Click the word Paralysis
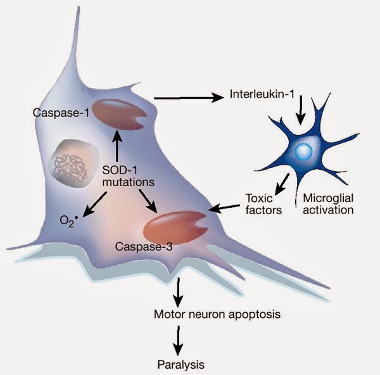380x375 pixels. [182, 364]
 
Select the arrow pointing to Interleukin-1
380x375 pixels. [188, 98]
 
